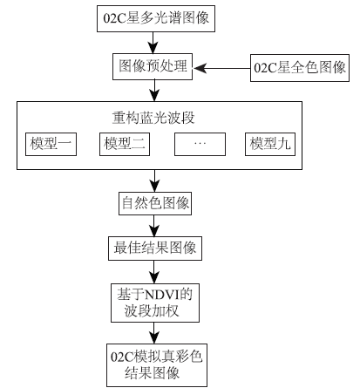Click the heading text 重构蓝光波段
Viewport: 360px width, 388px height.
coord(155,116)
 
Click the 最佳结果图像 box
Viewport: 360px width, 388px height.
coord(155,248)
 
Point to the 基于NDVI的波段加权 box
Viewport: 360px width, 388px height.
coord(155,302)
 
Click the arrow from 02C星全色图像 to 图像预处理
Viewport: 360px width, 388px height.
coord(224,66)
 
